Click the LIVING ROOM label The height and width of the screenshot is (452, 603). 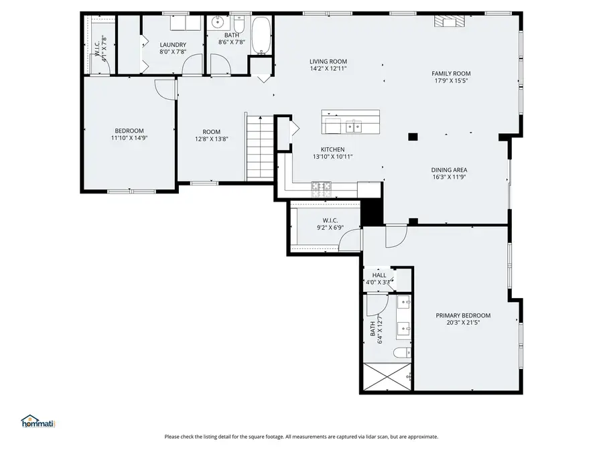[328, 61]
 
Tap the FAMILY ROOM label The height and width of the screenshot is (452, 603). [451, 74]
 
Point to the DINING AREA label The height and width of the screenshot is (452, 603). [449, 170]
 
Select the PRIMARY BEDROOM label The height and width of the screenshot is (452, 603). [463, 315]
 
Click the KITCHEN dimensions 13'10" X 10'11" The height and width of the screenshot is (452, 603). [332, 157]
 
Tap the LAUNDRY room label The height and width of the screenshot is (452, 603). [173, 45]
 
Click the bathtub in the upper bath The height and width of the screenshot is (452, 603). [261, 35]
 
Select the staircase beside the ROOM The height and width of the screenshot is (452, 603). [259, 147]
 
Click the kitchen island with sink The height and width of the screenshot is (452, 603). [350, 122]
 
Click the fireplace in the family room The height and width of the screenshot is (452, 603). [449, 21]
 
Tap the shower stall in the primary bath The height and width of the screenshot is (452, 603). [387, 378]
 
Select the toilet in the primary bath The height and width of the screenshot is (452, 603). [402, 353]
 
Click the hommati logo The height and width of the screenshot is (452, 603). [38, 421]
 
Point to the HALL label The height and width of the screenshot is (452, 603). [379, 275]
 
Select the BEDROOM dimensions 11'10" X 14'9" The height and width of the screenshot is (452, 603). [129, 138]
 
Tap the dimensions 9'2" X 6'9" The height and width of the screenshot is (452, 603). [330, 228]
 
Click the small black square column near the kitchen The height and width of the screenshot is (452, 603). [413, 137]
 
